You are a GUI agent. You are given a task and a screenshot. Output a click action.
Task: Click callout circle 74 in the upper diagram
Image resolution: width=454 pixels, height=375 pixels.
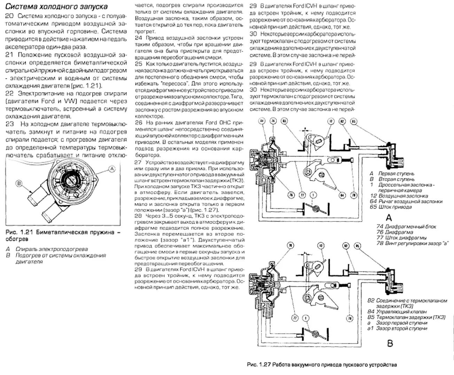[x=273, y=121]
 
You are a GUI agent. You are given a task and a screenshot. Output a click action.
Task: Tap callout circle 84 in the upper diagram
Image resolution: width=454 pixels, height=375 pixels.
[x=262, y=121]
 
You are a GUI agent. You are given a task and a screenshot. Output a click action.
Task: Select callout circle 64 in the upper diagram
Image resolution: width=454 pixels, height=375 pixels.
[x=343, y=195]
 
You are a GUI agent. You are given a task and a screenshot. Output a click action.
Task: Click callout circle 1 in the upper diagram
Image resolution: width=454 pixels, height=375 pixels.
[x=313, y=195]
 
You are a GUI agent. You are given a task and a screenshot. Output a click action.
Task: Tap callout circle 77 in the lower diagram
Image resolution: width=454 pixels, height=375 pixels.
[x=295, y=318]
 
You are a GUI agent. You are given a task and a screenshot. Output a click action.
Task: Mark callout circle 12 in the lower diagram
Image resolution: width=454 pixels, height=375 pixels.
[x=321, y=245]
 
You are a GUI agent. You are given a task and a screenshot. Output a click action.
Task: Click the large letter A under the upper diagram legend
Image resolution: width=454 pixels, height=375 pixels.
[x=389, y=218]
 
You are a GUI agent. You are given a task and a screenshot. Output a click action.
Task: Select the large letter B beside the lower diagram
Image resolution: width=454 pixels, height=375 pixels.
[x=390, y=344]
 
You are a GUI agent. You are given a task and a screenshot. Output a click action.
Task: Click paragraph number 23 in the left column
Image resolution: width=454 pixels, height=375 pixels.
[x=10, y=124]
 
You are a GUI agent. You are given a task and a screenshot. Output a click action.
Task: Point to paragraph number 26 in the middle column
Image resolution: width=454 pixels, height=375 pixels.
[x=139, y=123]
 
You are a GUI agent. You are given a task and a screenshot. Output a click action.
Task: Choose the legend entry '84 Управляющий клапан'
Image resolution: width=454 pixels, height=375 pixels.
[x=397, y=312]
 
